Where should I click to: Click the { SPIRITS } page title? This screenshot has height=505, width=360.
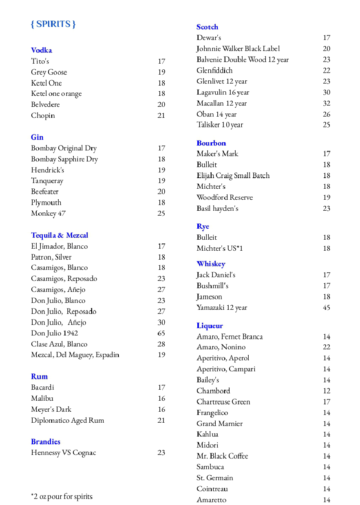[x=53, y=24]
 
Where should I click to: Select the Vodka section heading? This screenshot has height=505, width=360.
[x=41, y=50]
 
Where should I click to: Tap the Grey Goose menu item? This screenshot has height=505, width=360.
[x=49, y=72]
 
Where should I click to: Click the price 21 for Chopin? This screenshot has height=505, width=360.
[x=161, y=115]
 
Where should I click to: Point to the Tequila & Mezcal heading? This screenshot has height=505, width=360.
[x=60, y=235]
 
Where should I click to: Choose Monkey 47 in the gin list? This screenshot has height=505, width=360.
[x=48, y=213]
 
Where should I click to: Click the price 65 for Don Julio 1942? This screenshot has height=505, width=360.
[x=161, y=333]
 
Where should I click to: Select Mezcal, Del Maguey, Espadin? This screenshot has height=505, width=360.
[x=75, y=355]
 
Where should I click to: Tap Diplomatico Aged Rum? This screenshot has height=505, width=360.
[x=67, y=420]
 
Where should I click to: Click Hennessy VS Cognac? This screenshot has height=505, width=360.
[x=63, y=452]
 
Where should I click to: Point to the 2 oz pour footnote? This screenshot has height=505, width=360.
[x=62, y=496]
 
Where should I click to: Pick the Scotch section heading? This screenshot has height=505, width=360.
[x=207, y=27]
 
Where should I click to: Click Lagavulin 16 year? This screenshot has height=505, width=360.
[x=223, y=92]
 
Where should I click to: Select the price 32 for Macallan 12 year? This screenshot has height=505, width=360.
[x=327, y=103]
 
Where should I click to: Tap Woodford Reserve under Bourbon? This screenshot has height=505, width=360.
[x=225, y=197]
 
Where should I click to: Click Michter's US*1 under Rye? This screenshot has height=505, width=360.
[x=219, y=248]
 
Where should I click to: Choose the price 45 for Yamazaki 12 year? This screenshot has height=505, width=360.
[x=327, y=307]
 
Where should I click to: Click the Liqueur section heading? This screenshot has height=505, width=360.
[x=210, y=326]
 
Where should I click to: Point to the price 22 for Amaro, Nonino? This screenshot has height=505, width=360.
[x=327, y=347]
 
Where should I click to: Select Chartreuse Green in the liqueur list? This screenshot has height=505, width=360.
[x=223, y=401]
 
